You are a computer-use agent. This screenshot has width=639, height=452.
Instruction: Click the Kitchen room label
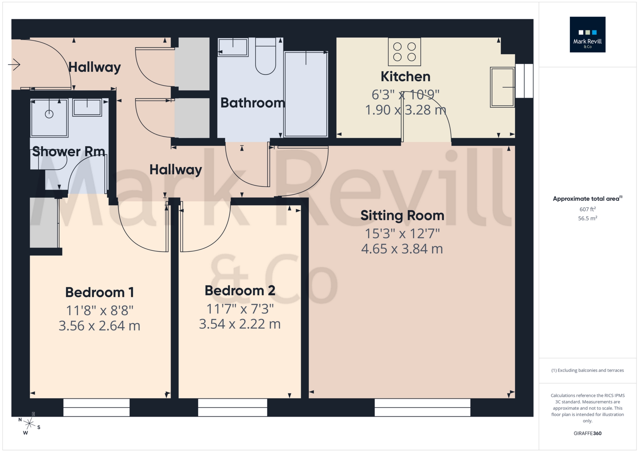pos(405,77)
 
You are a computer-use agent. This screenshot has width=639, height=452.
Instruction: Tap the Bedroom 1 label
pos(99,292)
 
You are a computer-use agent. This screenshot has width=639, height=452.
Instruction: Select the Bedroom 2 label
pos(240,291)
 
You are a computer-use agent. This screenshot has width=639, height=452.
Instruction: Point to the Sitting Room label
pos(402,216)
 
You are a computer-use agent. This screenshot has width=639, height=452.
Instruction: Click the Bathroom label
pos(252,103)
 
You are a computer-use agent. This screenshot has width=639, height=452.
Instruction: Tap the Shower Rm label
pos(68,152)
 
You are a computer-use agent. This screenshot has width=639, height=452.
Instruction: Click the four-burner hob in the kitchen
pos(404,52)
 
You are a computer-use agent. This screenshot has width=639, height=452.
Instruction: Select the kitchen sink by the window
pos(502,87)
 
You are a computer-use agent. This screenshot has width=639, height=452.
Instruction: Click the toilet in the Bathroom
pos(265,57)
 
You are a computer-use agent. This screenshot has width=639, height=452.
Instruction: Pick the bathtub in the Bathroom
pos(306,94)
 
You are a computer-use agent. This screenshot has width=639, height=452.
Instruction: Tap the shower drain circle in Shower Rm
pos(49,114)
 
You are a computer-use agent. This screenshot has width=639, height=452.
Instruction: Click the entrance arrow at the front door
pos(14,65)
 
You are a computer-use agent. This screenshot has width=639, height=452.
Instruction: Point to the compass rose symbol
pos(29,423)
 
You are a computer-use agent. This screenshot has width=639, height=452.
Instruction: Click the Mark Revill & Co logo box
pos(587,34)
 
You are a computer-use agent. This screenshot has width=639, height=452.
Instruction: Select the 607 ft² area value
pos(587,209)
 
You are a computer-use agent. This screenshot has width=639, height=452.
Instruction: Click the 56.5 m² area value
pos(587,218)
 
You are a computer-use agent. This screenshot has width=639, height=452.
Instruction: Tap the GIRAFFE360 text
pos(587,433)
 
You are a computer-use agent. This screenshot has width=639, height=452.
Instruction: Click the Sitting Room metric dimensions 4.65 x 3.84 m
pos(402,249)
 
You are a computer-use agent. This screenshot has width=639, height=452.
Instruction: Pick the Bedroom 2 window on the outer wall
pos(233,407)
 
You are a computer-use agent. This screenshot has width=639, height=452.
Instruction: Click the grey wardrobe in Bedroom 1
pos(44,223)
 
